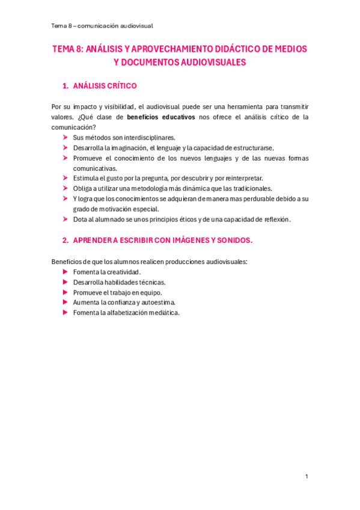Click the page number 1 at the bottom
pyautogui.click(x=306, y=476)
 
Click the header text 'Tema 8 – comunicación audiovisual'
pyautogui.click(x=102, y=25)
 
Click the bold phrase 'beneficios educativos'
pyautogui.click(x=161, y=117)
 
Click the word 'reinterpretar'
pyautogui.click(x=242, y=178)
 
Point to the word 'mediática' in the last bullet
pyautogui.click(x=160, y=313)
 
